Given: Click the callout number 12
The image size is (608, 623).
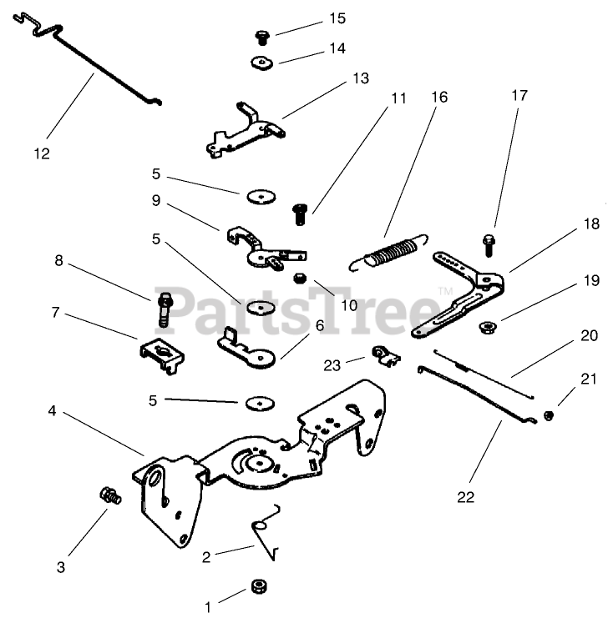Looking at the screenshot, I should (x=42, y=153).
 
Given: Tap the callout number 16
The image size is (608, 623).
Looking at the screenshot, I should (x=439, y=98).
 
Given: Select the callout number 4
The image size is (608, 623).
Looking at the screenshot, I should (x=52, y=411).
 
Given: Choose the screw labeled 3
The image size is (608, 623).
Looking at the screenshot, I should (x=109, y=495).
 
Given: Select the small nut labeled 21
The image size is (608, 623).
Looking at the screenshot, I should (x=549, y=414).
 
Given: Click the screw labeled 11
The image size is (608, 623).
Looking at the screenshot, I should (x=299, y=214).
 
